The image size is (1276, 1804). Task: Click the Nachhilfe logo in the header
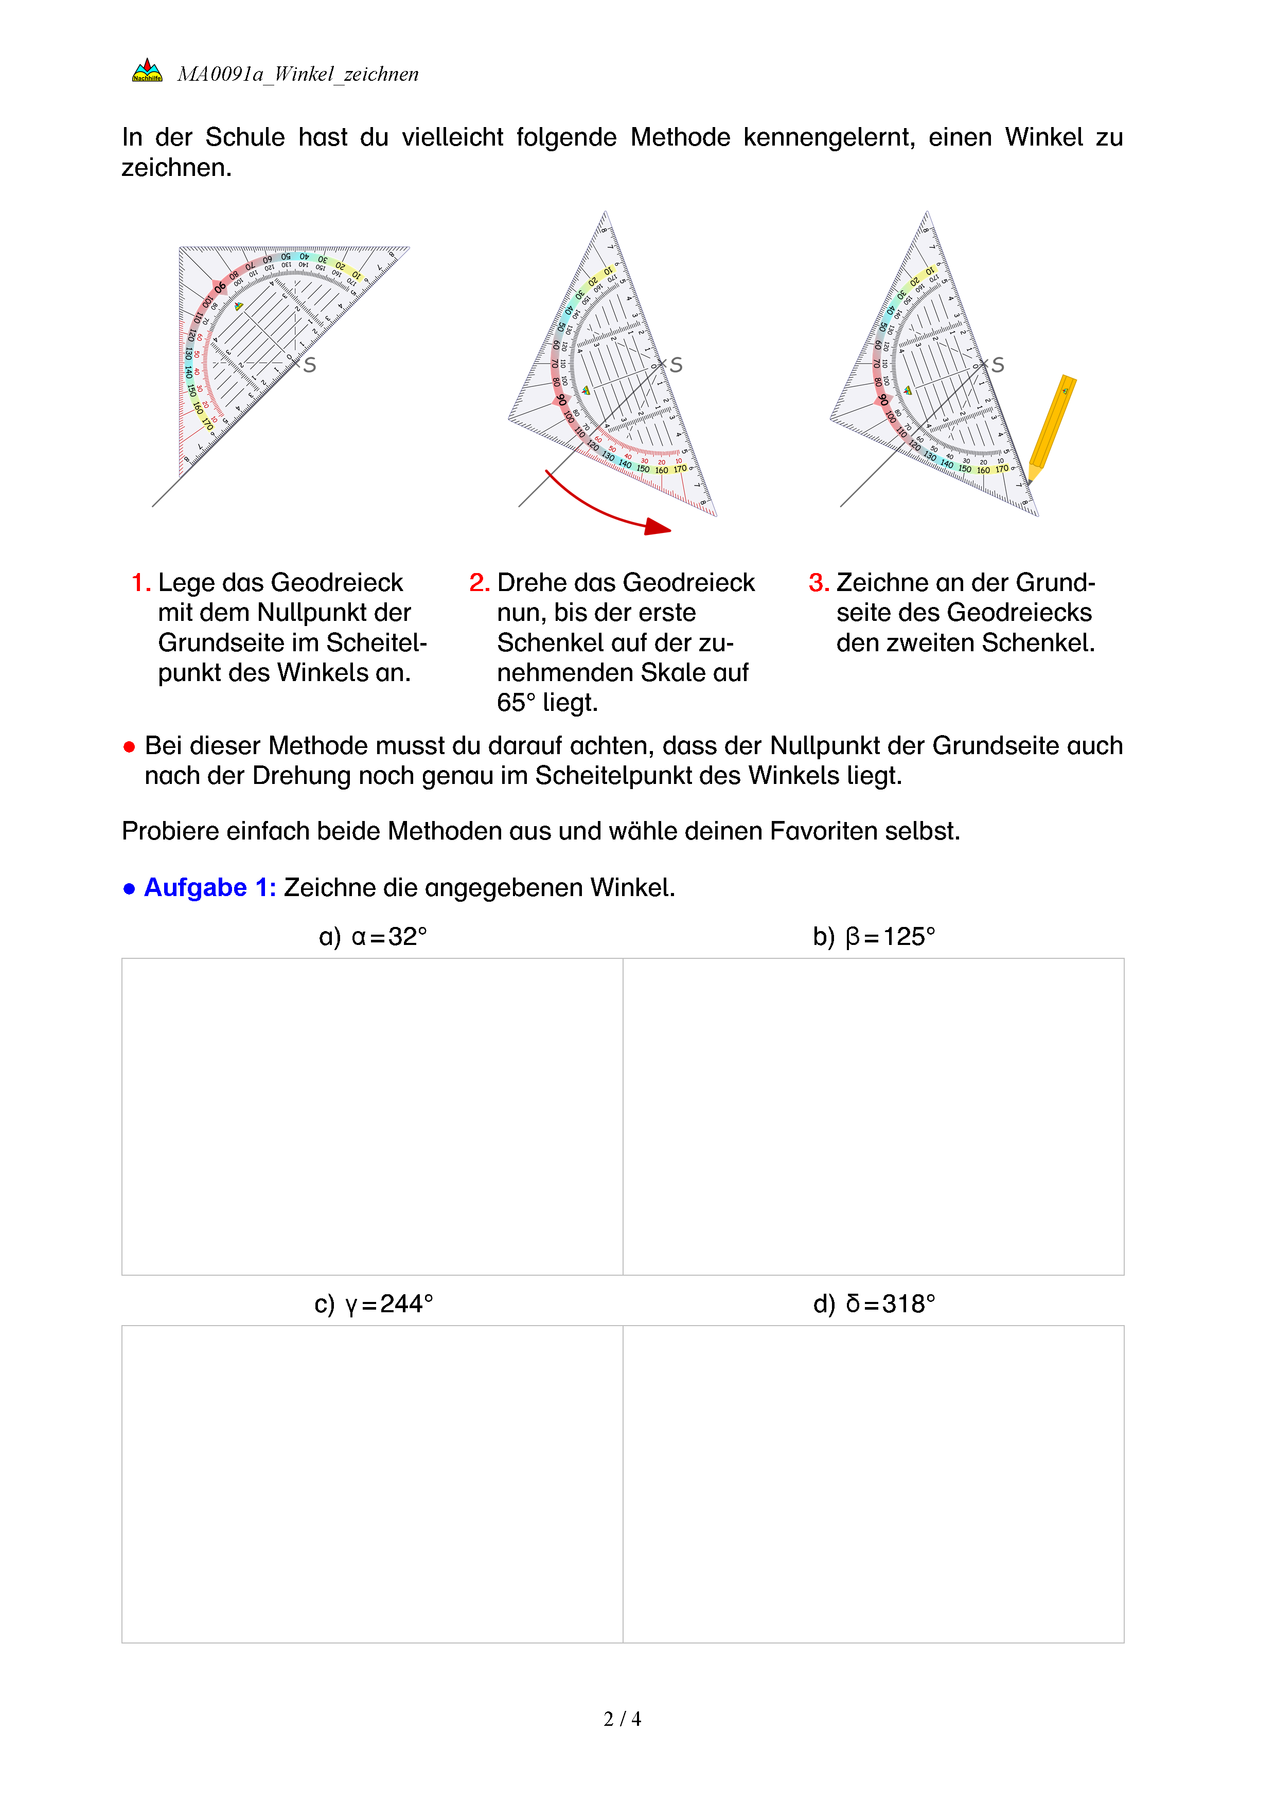coord(147,70)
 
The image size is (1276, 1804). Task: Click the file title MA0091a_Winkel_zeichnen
coord(298,74)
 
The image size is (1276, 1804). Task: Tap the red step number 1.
coord(140,582)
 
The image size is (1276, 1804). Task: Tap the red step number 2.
coord(478,582)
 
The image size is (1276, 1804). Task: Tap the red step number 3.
coord(818,582)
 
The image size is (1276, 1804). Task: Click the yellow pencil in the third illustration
coord(1051,428)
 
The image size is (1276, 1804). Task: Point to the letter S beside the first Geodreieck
coord(310,365)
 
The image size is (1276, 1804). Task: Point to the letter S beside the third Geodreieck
coord(997,365)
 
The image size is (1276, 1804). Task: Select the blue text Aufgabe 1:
coord(209,888)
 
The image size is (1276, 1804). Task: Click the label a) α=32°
coord(373,937)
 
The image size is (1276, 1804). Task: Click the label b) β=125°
coord(874,937)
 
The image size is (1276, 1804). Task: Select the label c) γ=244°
coord(373,1305)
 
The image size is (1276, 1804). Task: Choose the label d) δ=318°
coord(874,1305)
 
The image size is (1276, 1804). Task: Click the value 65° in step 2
coord(516,703)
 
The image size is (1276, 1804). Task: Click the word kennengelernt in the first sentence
coord(828,137)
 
